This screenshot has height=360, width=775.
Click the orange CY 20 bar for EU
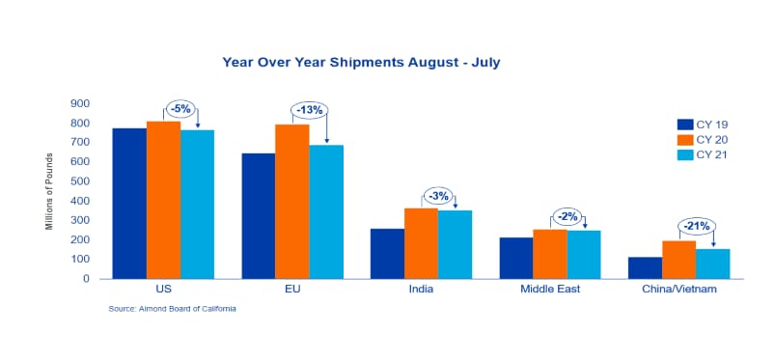pos(292,202)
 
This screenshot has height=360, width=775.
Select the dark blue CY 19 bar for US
pos(130,204)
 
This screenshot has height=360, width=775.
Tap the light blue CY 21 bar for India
pos(455,245)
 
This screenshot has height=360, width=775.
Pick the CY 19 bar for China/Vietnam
pos(645,268)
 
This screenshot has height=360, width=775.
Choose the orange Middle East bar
pos(550,254)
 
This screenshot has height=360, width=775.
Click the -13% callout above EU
pos(310,110)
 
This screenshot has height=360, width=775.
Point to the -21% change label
pos(697,226)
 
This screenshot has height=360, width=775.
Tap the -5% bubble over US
pos(180,109)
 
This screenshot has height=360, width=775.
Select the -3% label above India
pos(439,196)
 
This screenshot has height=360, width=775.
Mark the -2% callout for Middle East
pos(567,216)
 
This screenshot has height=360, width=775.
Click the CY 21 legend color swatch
pos(685,154)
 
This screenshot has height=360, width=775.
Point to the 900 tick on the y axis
pos(79,104)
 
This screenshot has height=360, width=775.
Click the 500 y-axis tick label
pos(79,181)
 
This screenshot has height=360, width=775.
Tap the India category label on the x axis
pos(421,289)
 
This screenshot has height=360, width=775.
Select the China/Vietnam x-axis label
pos(678,289)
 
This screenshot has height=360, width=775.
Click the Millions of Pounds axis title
pos(49,191)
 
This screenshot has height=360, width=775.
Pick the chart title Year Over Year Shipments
pos(361,63)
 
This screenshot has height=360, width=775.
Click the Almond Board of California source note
pos(173,309)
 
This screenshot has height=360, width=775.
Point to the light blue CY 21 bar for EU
pos(326,211)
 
